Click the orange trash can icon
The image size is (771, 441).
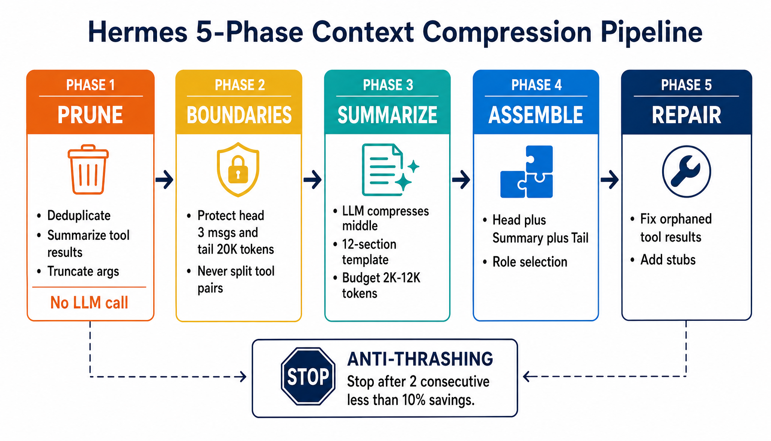88,170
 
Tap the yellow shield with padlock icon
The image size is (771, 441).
238,170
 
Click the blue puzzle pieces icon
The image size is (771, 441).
527,172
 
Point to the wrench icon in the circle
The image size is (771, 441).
686,171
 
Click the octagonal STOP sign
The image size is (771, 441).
308,377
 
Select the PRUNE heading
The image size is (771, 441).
90,115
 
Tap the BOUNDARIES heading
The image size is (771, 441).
239,115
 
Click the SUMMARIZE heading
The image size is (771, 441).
387,115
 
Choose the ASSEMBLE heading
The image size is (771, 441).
536,115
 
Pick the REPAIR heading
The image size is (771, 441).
686,115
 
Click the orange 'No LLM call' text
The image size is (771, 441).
89,303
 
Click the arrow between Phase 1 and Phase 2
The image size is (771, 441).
165,180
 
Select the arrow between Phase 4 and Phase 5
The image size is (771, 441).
610,180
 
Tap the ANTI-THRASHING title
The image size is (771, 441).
420,359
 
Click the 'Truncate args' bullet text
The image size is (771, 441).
83,271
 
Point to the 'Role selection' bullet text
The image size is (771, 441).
530,262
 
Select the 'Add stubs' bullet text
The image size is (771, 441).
668,260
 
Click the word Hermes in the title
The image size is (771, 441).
138,32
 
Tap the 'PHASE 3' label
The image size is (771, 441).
388,85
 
